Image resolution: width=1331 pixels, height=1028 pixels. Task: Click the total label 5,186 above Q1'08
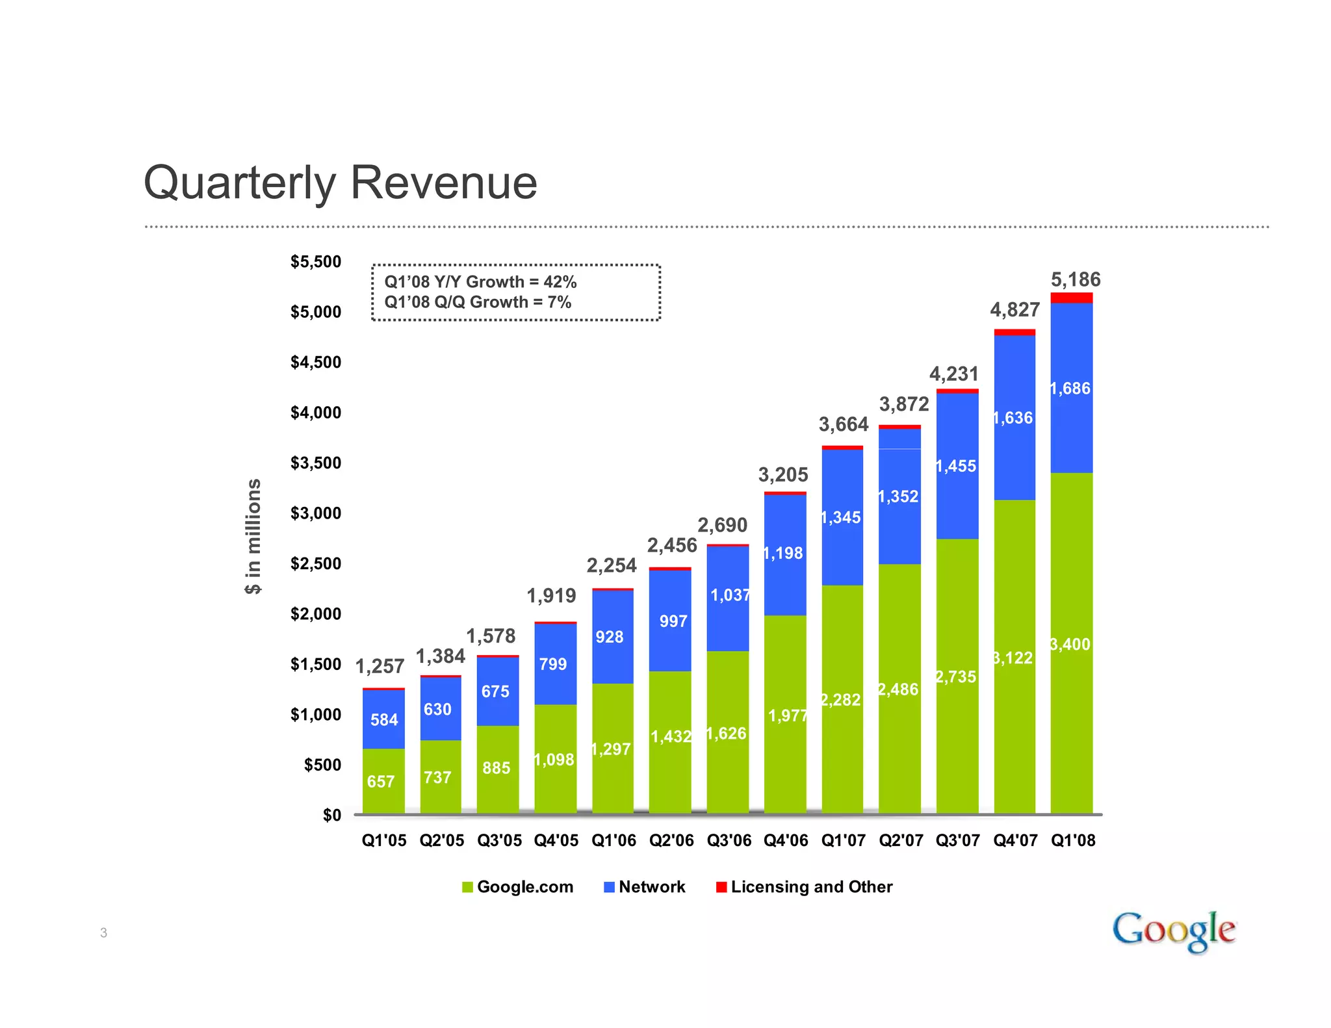tap(1076, 280)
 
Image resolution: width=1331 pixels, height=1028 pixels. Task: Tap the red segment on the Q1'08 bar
tap(1071, 298)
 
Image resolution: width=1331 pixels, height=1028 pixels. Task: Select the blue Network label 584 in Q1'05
tap(384, 720)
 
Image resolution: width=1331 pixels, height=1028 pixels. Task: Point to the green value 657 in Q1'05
tap(381, 782)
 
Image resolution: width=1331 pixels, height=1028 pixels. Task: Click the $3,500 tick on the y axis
tap(315, 463)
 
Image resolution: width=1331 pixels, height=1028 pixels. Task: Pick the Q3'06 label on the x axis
tap(729, 841)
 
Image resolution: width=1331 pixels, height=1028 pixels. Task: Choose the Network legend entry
tap(644, 887)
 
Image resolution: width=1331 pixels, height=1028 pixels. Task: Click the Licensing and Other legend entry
tap(804, 887)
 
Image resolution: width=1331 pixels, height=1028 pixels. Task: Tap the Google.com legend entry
tap(517, 887)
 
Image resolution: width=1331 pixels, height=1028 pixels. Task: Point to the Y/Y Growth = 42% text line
tap(480, 282)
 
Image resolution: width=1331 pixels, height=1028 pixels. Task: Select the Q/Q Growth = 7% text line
tap(478, 302)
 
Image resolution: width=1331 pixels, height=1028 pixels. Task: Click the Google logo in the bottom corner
tap(1173, 931)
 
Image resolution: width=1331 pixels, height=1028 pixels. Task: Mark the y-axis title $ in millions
tap(253, 537)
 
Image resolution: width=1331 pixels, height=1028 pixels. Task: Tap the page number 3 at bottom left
tap(103, 933)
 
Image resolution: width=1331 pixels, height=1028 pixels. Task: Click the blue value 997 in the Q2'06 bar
tap(673, 622)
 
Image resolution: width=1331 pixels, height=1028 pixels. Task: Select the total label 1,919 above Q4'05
tap(551, 596)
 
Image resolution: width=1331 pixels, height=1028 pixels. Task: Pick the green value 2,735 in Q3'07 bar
tap(956, 677)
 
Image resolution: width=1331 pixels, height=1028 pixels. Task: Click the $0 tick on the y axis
tap(331, 816)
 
